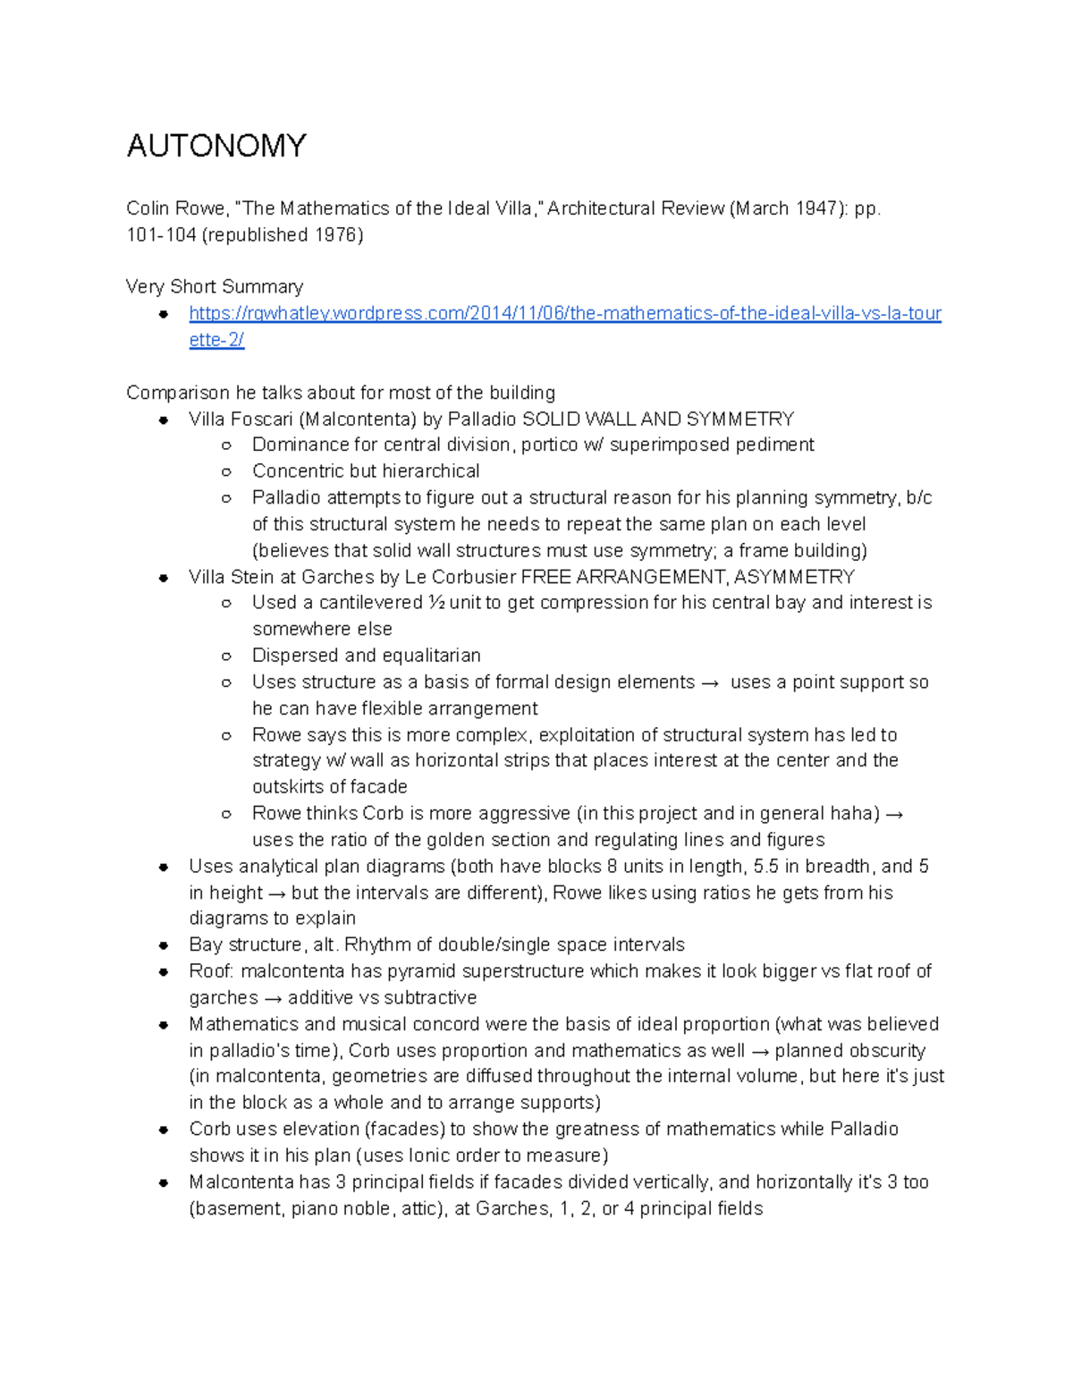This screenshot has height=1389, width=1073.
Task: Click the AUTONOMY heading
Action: coord(216,146)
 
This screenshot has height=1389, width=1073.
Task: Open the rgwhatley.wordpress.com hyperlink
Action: coord(564,314)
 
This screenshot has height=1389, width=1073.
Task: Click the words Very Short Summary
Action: coord(215,287)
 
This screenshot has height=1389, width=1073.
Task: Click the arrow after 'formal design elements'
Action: coord(710,682)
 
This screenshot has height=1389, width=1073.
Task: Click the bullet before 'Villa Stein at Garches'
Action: coord(164,578)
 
